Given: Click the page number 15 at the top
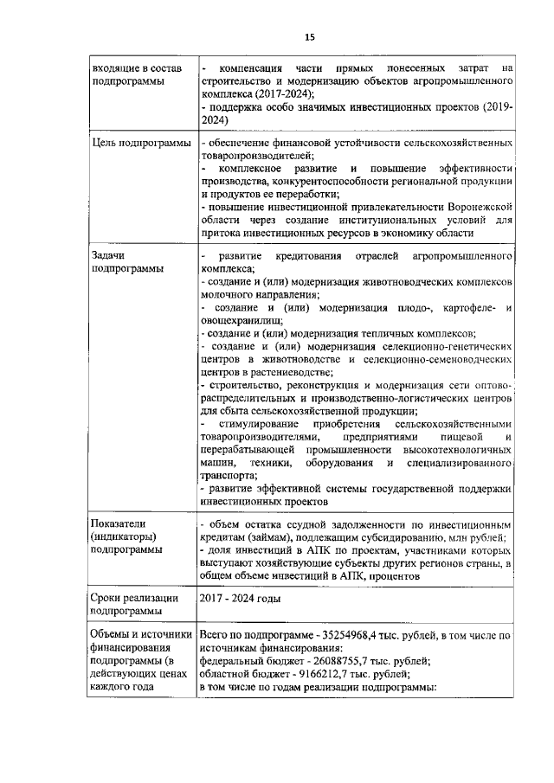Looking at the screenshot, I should (x=309, y=36).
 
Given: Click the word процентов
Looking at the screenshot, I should (x=390, y=574).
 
